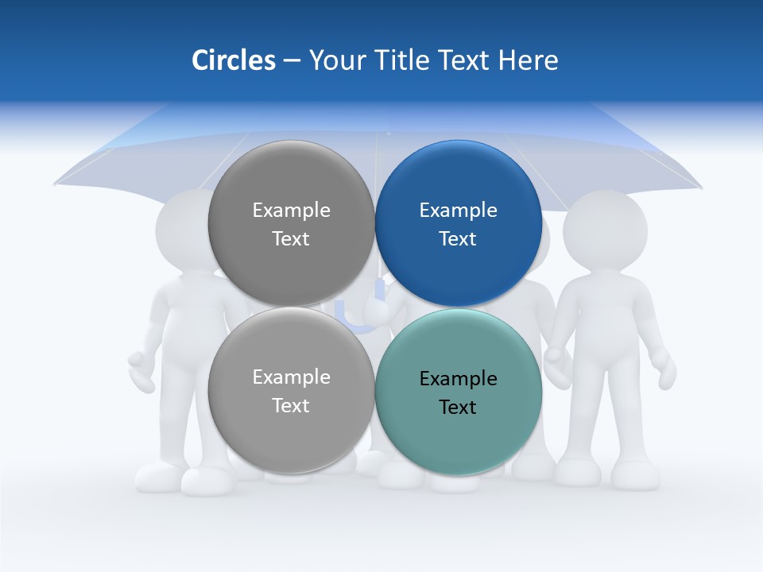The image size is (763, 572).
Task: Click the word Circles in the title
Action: (233, 60)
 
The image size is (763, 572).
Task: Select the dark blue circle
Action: (458, 270)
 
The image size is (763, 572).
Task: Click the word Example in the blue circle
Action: (458, 211)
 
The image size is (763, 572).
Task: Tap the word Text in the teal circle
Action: (458, 408)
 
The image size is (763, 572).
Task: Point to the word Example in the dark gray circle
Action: (291, 211)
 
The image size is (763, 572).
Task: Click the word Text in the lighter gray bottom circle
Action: (291, 406)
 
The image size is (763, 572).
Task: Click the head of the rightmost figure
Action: (605, 227)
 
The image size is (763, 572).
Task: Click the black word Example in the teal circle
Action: (458, 379)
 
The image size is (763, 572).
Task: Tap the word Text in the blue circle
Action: (458, 239)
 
